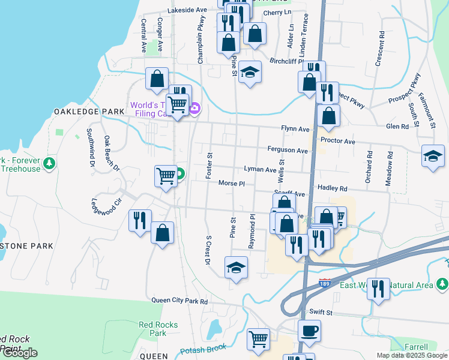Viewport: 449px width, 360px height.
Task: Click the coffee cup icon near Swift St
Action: (x=309, y=331)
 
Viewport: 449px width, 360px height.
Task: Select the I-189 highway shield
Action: (x=325, y=282)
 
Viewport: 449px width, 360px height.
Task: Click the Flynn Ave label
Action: (x=295, y=129)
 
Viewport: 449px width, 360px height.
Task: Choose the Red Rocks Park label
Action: (x=158, y=329)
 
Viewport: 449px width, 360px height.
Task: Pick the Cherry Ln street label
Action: (x=277, y=13)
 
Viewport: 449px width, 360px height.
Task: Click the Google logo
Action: (x=19, y=353)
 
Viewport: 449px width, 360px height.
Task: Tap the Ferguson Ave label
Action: (x=288, y=150)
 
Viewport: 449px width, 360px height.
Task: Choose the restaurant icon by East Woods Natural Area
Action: (x=378, y=289)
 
